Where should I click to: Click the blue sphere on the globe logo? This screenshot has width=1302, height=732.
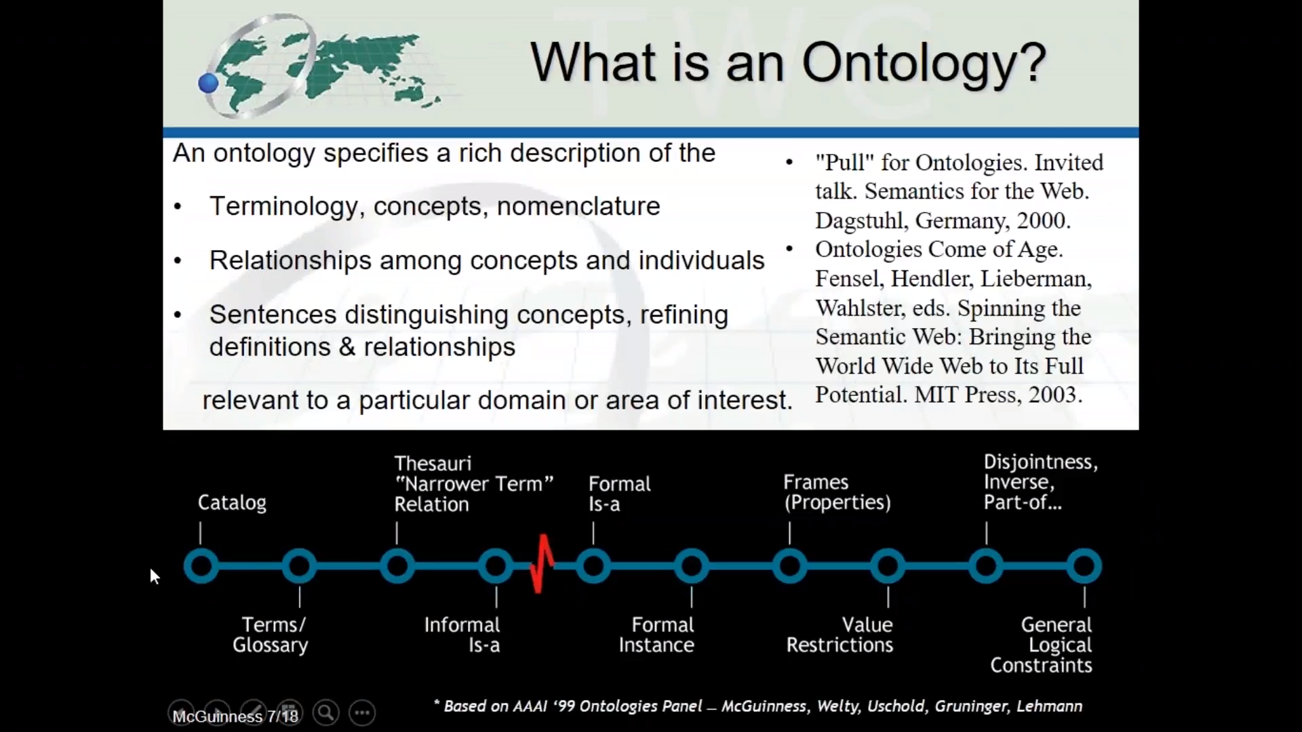208,83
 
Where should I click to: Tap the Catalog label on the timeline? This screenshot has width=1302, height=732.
232,503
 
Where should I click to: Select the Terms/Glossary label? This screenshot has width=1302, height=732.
271,634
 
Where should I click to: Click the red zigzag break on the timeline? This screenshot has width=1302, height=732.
542,564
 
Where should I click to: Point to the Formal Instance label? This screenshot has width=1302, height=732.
656,634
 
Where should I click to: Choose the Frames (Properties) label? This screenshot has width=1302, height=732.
837,492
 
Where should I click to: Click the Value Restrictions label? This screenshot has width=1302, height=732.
840,634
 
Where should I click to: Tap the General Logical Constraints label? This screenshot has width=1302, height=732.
1041,645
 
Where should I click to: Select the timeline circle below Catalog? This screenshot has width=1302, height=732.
201,566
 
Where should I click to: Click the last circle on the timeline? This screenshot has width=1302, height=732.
1084,566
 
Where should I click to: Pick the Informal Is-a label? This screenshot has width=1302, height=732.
462,634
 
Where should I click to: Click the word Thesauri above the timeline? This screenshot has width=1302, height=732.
433,464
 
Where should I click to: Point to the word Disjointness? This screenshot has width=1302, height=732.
1041,462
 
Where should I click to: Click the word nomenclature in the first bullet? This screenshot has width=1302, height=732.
578,206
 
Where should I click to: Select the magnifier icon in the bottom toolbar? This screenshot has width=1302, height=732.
325,712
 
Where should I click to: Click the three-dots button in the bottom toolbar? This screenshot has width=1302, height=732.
362,712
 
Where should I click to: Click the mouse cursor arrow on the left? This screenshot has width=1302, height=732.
155,577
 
